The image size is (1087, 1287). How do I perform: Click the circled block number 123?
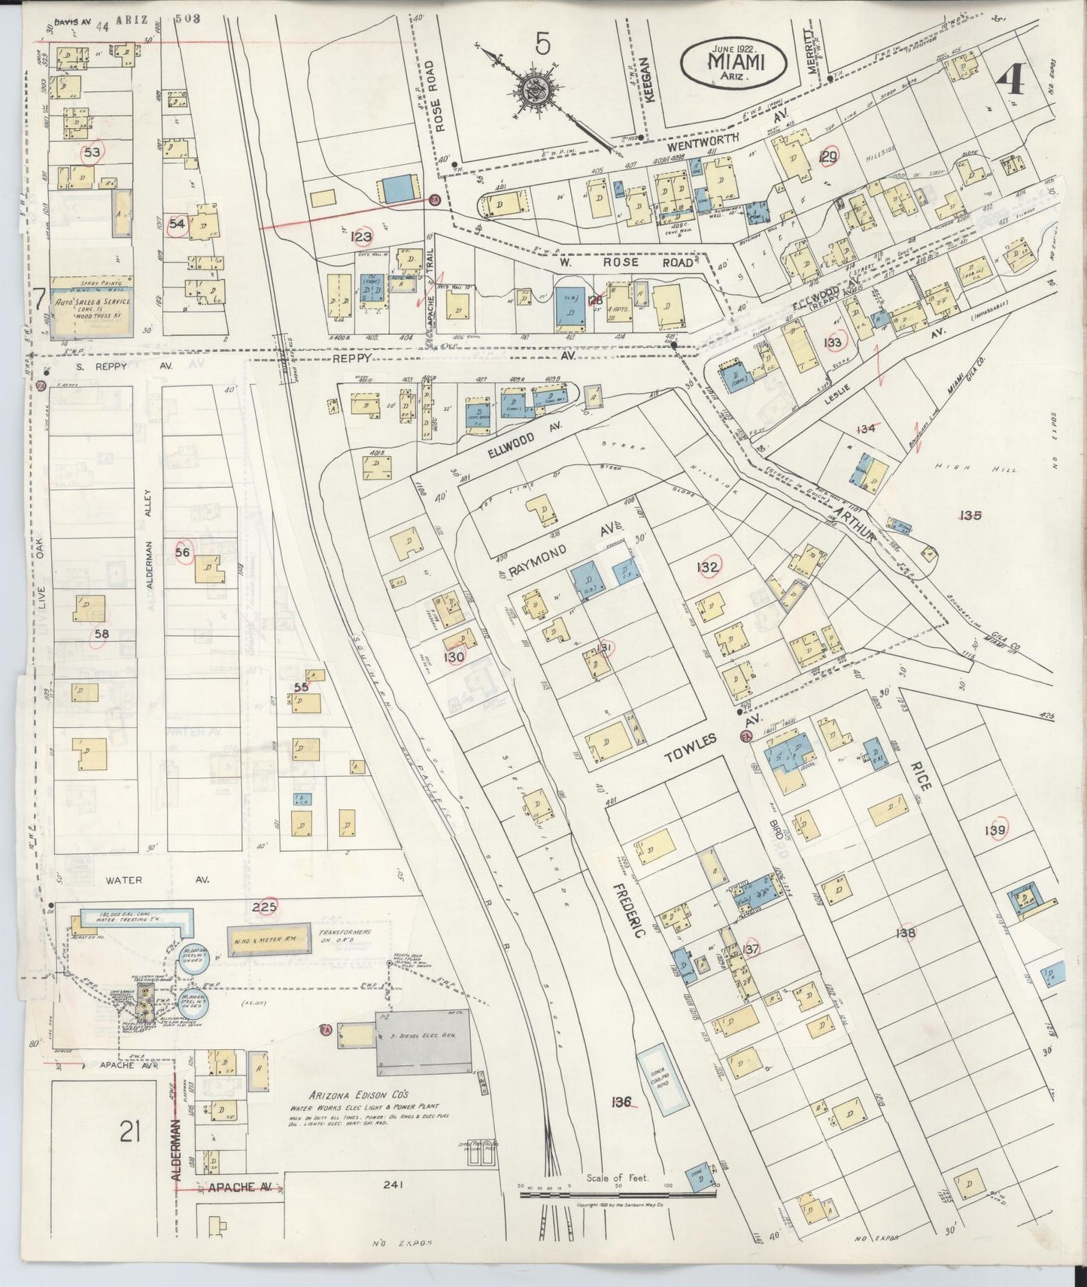tap(362, 238)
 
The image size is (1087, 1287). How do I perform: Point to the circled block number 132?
tap(708, 567)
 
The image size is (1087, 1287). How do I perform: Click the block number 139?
tap(997, 829)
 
